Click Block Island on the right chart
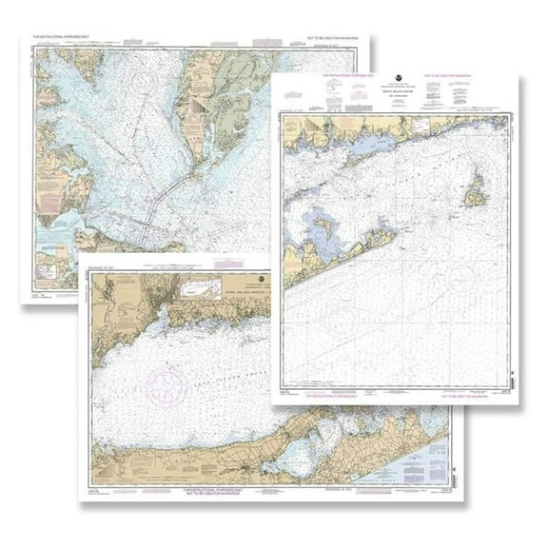475,196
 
